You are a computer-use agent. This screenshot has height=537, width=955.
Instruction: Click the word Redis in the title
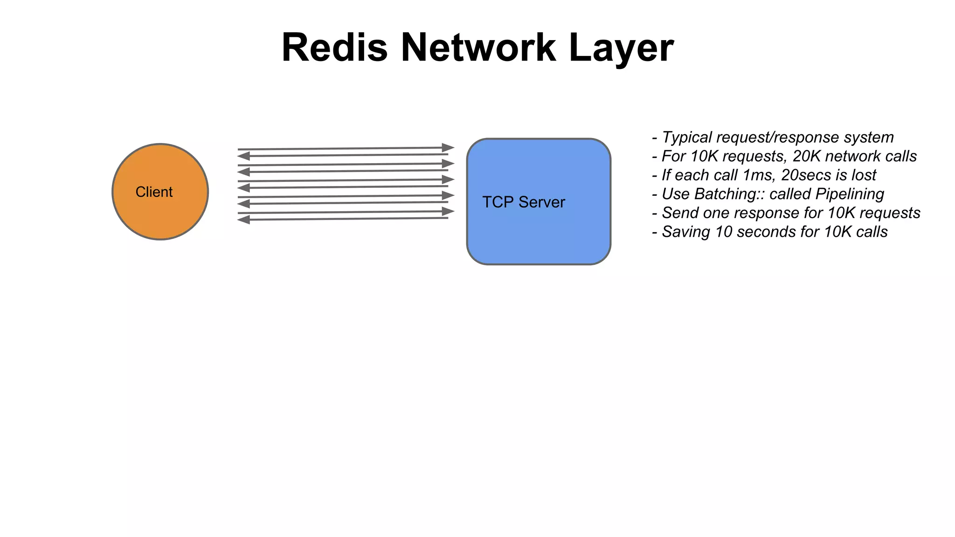pos(334,48)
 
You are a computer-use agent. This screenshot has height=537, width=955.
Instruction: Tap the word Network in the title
pos(478,48)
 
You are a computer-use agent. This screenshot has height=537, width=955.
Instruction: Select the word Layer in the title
pos(621,48)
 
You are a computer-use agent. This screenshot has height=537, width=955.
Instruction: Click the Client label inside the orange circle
pos(154,192)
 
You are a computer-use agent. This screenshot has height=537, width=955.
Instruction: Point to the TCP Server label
pos(523,202)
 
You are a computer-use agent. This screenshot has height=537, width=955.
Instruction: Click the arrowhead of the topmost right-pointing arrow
pos(448,148)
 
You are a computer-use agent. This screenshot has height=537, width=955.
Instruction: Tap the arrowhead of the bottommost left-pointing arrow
pos(243,220)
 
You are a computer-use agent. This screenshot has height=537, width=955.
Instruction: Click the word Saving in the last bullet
pos(686,232)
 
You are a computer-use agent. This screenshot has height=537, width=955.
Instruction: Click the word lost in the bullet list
pos(864,175)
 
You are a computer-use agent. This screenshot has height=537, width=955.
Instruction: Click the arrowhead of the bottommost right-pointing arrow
pos(448,212)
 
